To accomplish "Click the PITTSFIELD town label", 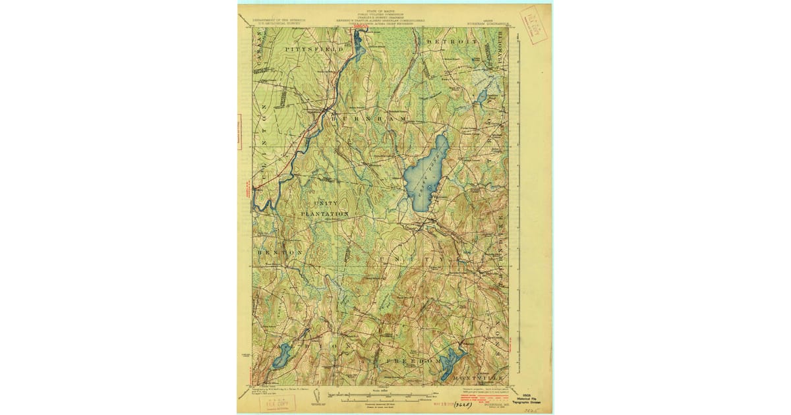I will click(x=314, y=49).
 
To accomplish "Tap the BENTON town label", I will click(x=279, y=253).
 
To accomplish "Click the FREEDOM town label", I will click(x=413, y=362).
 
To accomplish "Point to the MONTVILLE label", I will click(x=481, y=377).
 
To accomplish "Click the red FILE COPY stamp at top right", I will click(x=533, y=24).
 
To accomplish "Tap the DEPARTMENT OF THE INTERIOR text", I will click(x=270, y=20).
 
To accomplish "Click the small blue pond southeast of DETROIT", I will click(x=482, y=97).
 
